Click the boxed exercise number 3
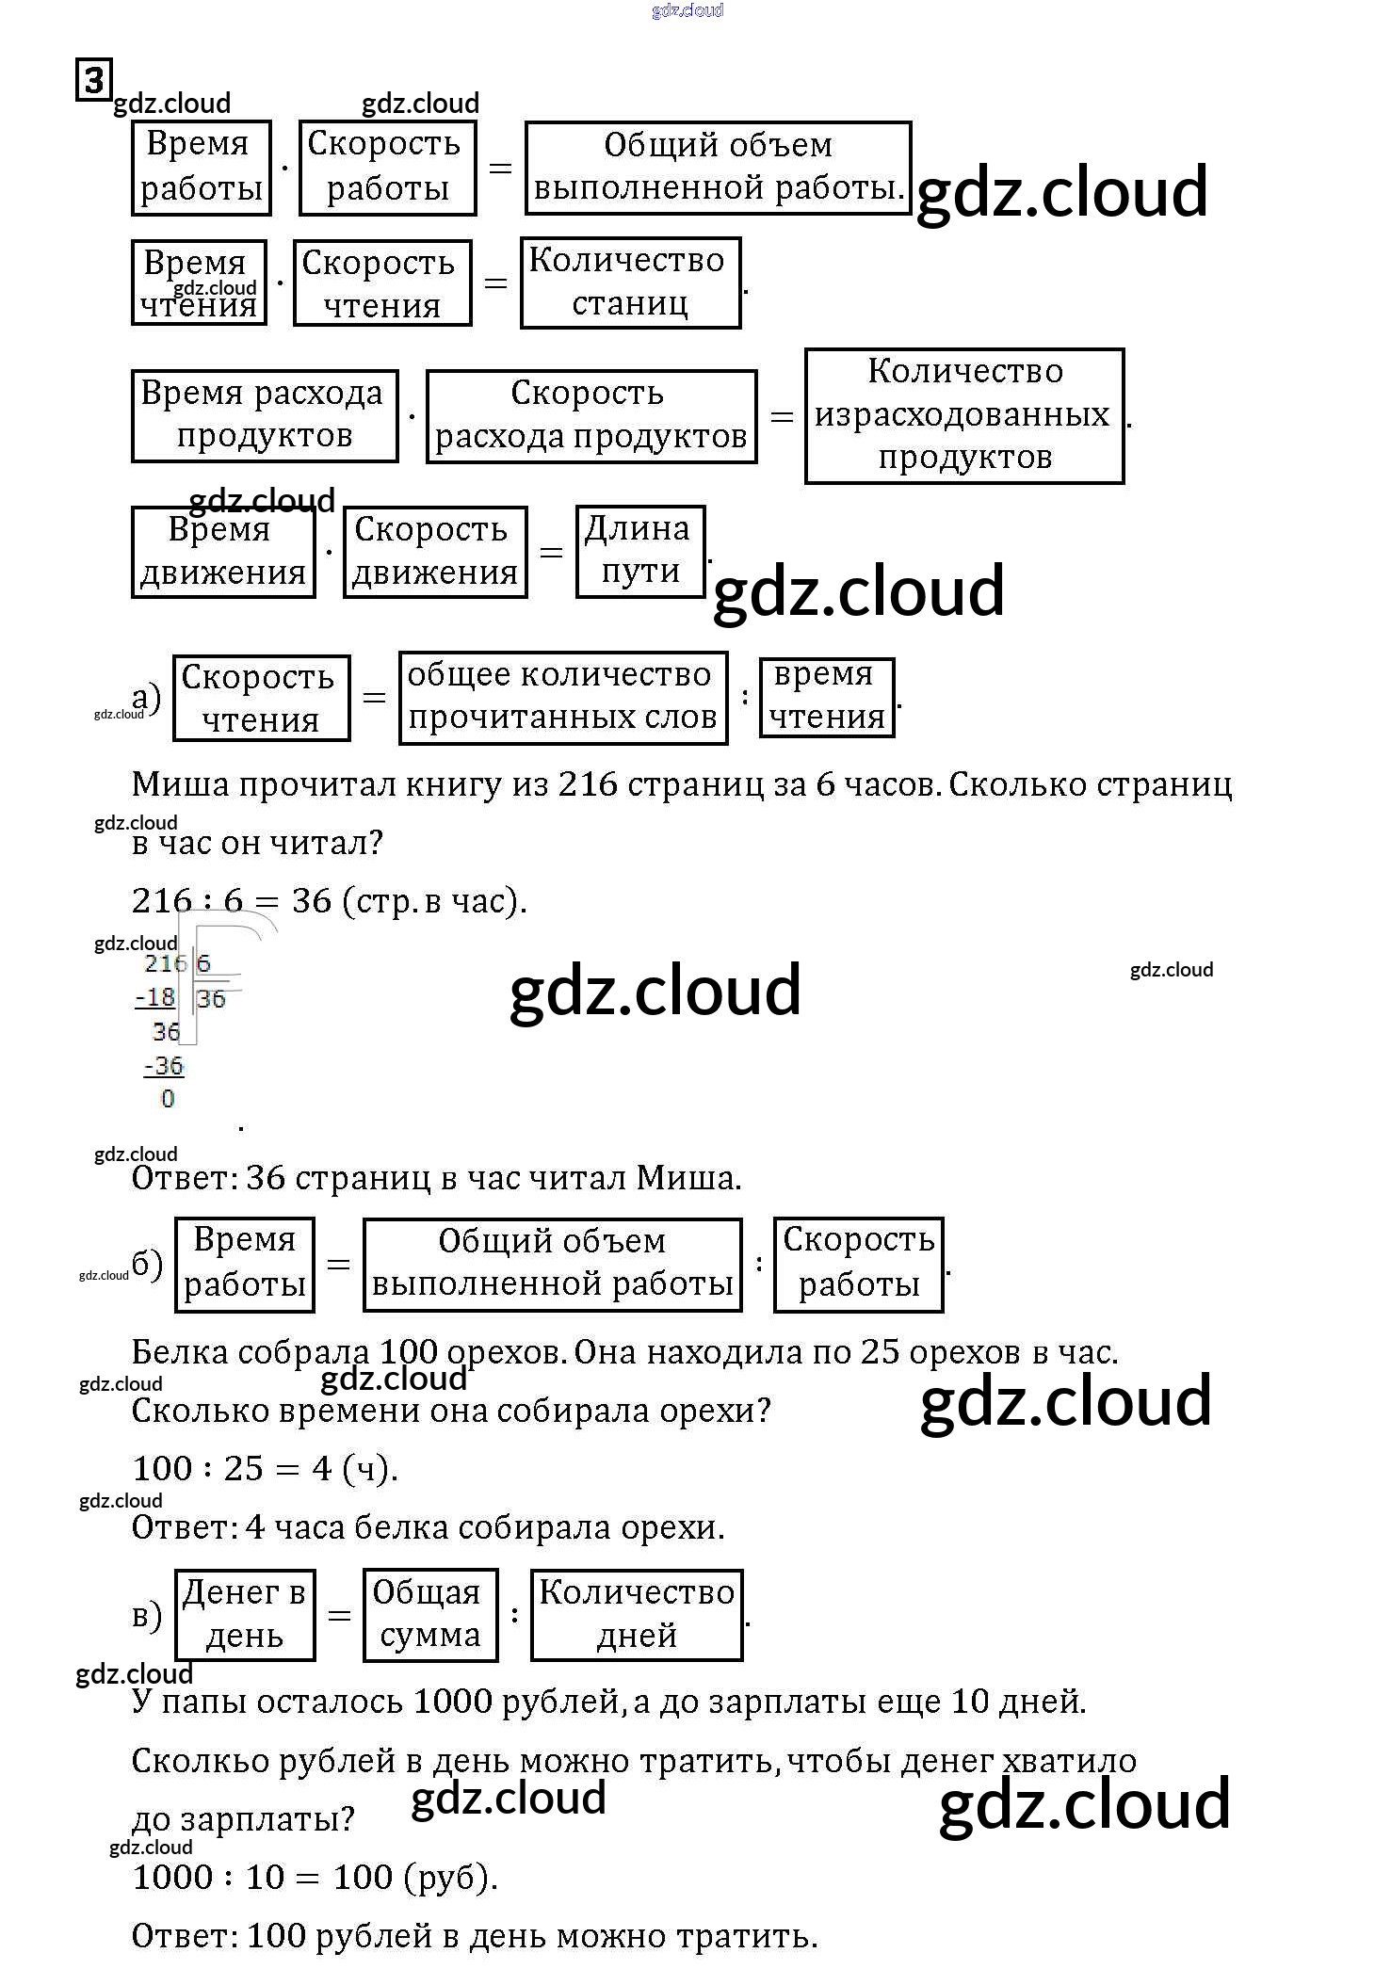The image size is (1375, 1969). [93, 80]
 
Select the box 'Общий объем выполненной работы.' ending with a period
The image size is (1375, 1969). [718, 168]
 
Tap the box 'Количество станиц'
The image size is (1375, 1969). [630, 282]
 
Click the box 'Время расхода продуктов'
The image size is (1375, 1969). [264, 415]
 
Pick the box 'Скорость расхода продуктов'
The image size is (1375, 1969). [590, 415]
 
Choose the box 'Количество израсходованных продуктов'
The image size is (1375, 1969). [964, 415]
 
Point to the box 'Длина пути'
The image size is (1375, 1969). [639, 551]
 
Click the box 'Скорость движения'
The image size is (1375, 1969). [434, 551]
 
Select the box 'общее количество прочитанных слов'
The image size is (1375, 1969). [562, 697]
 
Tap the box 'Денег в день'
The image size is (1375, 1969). [244, 1614]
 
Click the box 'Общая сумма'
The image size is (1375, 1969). [429, 1614]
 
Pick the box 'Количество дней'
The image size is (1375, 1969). [637, 1614]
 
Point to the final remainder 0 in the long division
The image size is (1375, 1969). [168, 1099]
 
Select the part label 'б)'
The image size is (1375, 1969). [147, 1264]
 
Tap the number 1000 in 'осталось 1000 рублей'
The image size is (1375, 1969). [453, 1702]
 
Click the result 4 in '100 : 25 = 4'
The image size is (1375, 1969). [322, 1468]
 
